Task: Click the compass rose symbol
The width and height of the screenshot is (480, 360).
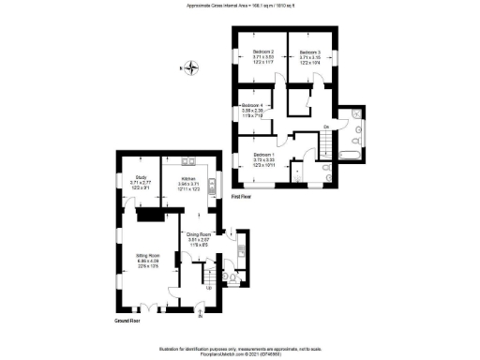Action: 192,67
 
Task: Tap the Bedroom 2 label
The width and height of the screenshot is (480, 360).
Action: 262,52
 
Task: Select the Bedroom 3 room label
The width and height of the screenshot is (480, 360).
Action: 310,52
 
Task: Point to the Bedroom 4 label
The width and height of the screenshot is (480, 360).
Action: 255,105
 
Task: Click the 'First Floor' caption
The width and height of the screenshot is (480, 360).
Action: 241,197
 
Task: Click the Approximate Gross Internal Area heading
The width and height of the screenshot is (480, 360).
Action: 241,7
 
